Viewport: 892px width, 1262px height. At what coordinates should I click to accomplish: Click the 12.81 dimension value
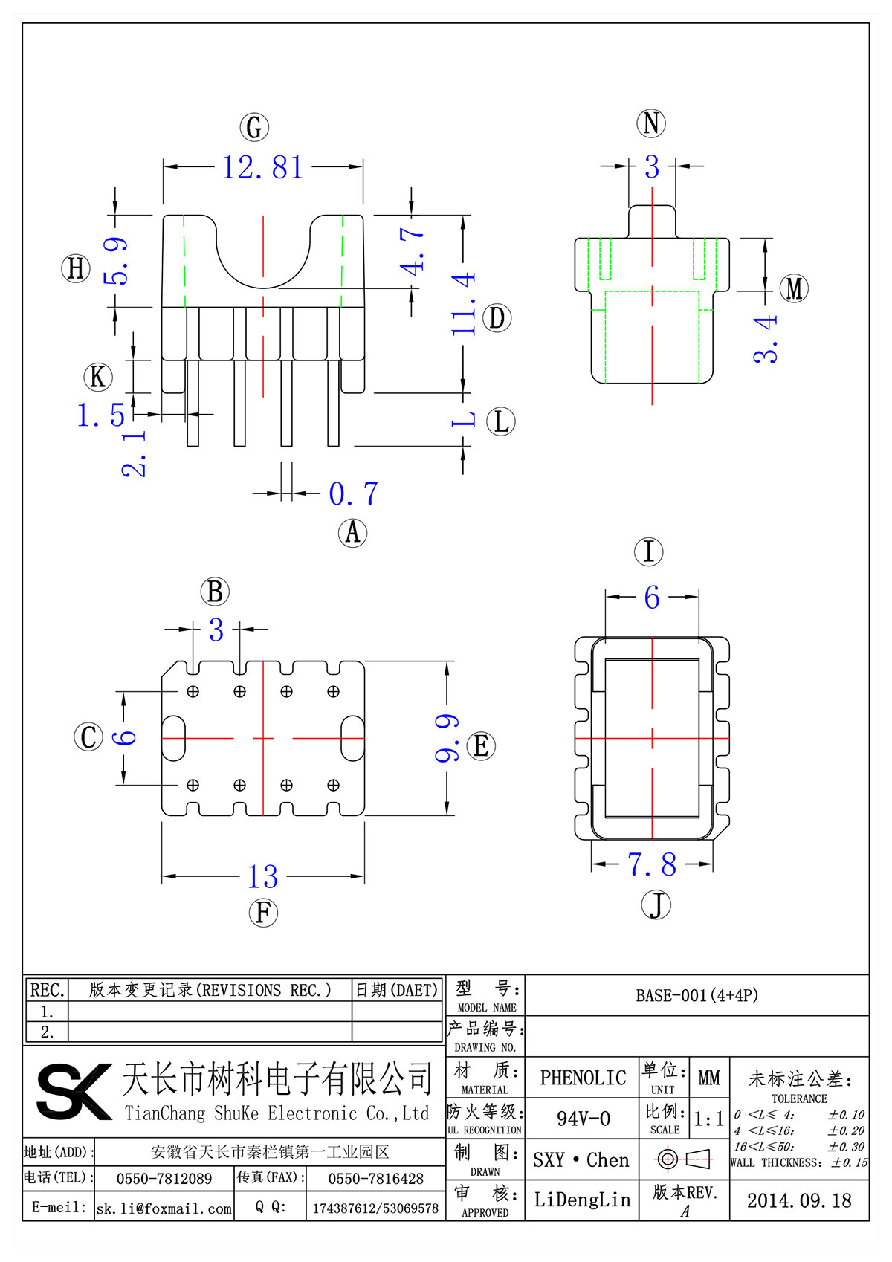coord(263,167)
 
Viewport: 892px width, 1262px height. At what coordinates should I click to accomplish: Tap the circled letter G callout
coord(254,127)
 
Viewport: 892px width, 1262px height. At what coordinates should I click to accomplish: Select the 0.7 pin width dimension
coord(354,494)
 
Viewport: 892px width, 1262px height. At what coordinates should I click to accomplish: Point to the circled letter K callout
coord(98,377)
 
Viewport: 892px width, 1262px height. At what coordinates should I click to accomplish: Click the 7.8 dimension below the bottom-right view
coord(652,864)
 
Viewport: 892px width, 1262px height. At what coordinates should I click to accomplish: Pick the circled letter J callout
coord(656,905)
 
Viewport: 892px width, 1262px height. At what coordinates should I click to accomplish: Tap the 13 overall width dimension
coord(263,877)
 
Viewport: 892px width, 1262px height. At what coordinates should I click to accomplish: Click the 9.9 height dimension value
coord(447,738)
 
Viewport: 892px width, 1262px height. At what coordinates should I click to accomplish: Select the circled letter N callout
coord(651,123)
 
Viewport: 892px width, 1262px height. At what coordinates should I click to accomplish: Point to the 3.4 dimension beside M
coord(766,339)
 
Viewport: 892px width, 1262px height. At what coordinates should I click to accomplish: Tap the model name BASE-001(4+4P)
coord(697,995)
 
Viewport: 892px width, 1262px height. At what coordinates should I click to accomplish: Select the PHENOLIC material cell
coord(583,1078)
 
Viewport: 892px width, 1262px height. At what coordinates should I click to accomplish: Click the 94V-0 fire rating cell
coord(584,1119)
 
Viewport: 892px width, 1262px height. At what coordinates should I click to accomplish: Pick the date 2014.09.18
coord(799,1200)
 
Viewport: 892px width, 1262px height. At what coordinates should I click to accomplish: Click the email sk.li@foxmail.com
coord(164,1208)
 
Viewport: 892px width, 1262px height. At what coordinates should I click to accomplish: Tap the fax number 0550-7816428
coord(376,1179)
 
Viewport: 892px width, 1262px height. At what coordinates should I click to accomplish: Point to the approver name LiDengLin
coord(582,1200)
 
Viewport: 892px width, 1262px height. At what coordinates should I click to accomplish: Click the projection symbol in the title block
coord(684,1159)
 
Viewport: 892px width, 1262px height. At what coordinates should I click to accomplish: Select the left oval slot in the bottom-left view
coord(173,738)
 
